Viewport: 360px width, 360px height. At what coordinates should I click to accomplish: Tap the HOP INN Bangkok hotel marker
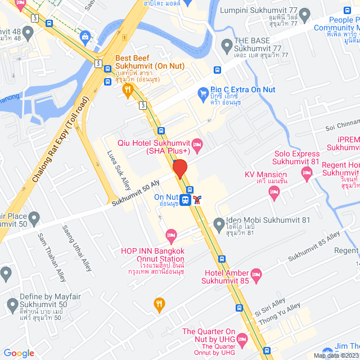[171, 233]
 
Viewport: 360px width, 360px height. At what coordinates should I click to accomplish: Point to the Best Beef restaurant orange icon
[128, 88]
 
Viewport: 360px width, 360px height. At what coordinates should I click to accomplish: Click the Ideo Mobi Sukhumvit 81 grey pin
[219, 226]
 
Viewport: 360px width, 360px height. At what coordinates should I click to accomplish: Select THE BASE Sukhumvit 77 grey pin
[227, 44]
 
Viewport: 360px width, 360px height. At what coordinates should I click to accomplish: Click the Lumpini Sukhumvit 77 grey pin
[305, 13]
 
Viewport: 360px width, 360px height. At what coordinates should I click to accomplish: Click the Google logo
[19, 353]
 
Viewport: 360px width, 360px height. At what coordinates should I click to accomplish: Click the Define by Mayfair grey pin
[13, 306]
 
